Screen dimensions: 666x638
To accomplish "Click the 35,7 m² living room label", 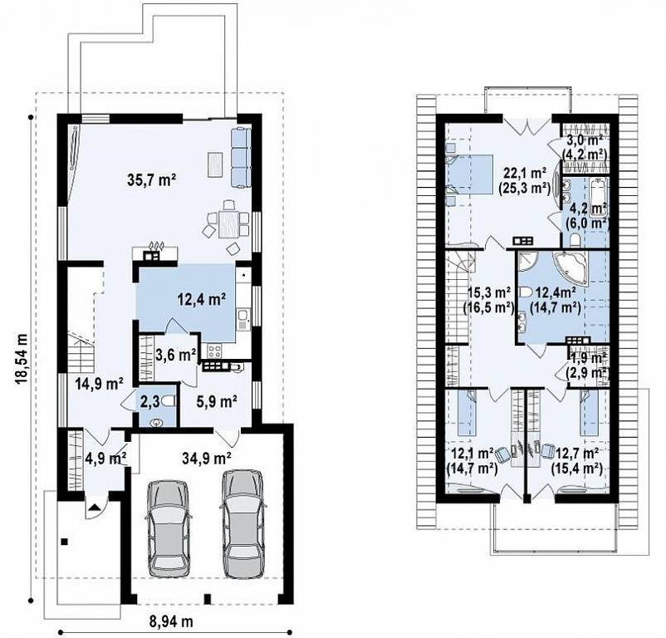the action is (151, 180).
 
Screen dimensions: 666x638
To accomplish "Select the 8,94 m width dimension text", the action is (171, 622).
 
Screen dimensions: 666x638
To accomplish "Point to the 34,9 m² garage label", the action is (207, 458).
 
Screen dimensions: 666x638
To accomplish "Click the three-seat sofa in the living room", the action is (240, 158).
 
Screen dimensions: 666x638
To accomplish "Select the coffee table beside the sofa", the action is (215, 164).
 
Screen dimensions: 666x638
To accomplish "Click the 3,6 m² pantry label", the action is (176, 354).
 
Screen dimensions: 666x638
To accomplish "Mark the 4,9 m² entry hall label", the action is (106, 459).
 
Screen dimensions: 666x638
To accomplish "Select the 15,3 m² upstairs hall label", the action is (488, 292).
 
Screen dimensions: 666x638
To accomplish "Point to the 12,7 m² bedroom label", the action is (577, 452).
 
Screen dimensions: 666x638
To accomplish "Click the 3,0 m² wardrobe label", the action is (585, 140).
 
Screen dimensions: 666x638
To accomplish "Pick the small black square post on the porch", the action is (64, 541).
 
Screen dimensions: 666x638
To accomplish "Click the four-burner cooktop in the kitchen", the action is (214, 351).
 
